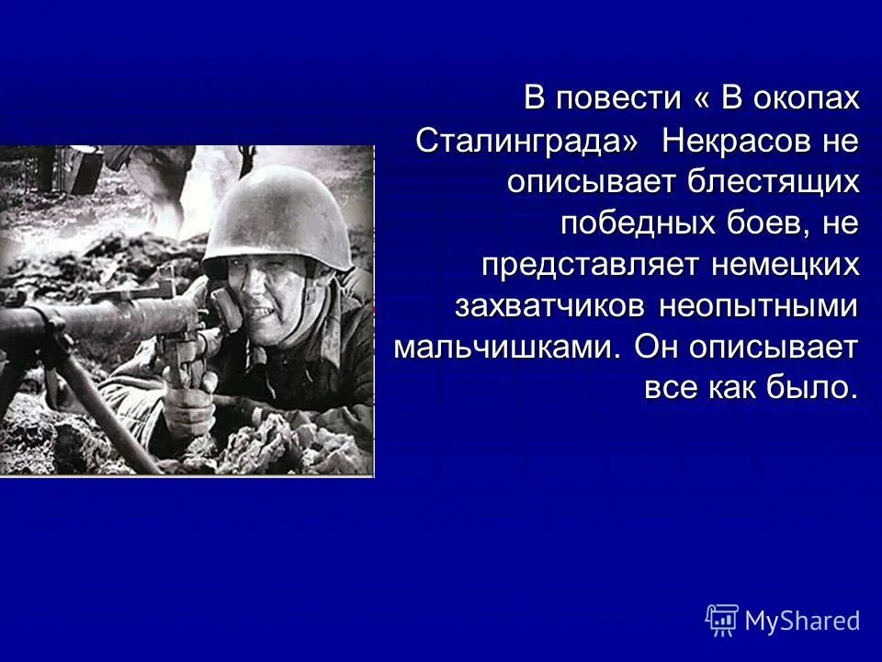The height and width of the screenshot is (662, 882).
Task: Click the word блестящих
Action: pyautogui.click(x=772, y=182)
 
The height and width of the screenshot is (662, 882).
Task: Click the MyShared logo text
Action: pyautogui.click(x=802, y=621)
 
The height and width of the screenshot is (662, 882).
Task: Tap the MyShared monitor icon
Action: pyautogui.click(x=721, y=620)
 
